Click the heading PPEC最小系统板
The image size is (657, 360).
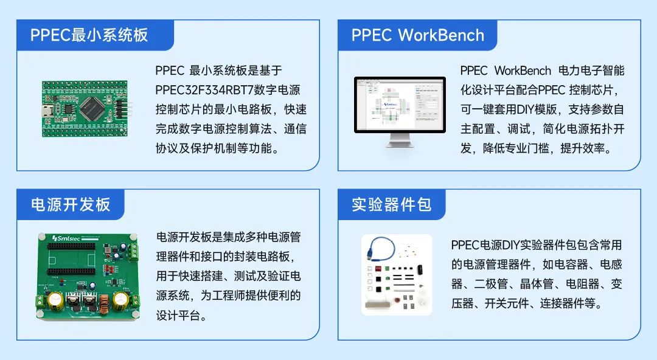tap(89, 35)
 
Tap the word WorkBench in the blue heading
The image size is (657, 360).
tap(441, 35)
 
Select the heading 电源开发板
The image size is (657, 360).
tap(71, 204)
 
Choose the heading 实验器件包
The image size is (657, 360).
tap(391, 204)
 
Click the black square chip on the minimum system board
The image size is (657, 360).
tap(92, 108)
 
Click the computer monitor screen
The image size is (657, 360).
tap(400, 105)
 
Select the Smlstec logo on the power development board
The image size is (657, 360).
tap(65, 238)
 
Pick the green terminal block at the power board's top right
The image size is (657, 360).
tap(133, 252)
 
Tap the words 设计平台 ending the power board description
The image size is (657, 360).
tap(178, 315)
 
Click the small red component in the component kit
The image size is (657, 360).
tap(378, 269)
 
